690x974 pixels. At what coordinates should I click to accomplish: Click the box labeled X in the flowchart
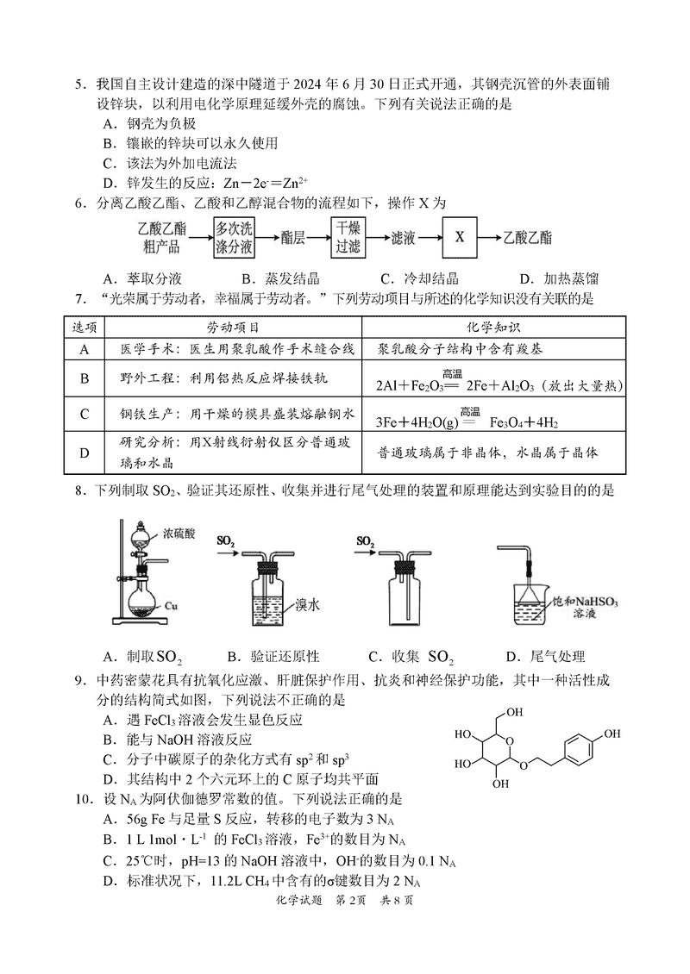pyautogui.click(x=460, y=236)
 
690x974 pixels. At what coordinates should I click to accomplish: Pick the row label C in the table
pyautogui.click(x=85, y=414)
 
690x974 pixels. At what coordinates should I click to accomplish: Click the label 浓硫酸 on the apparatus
pyautogui.click(x=179, y=534)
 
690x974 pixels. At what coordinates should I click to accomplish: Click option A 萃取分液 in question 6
pyautogui.click(x=142, y=278)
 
